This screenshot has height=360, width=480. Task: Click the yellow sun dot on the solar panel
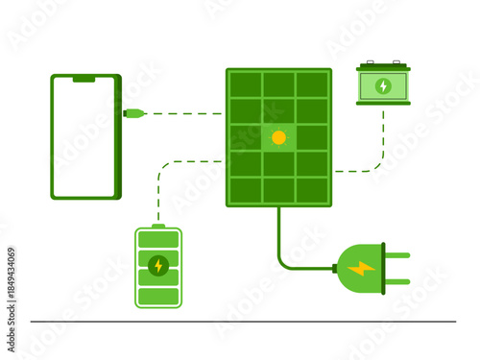pyautogui.click(x=278, y=137)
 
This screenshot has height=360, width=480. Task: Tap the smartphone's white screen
pyautogui.click(x=84, y=136)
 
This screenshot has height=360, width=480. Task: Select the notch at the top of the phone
pyautogui.click(x=84, y=80)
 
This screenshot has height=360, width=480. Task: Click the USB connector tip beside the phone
pyautogui.click(x=134, y=113)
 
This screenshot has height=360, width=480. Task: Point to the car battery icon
pyautogui.click(x=383, y=84)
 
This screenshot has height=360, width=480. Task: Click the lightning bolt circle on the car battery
pyautogui.click(x=383, y=85)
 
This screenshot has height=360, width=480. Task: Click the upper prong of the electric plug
pyautogui.click(x=396, y=255)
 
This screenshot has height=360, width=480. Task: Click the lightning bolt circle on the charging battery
pyautogui.click(x=158, y=265)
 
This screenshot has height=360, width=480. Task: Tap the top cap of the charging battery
pyautogui.click(x=158, y=226)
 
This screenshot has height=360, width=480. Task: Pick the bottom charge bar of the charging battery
pyautogui.click(x=158, y=297)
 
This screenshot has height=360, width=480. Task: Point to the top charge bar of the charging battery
pyautogui.click(x=158, y=238)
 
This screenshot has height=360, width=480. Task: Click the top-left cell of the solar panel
pyautogui.click(x=246, y=84)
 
